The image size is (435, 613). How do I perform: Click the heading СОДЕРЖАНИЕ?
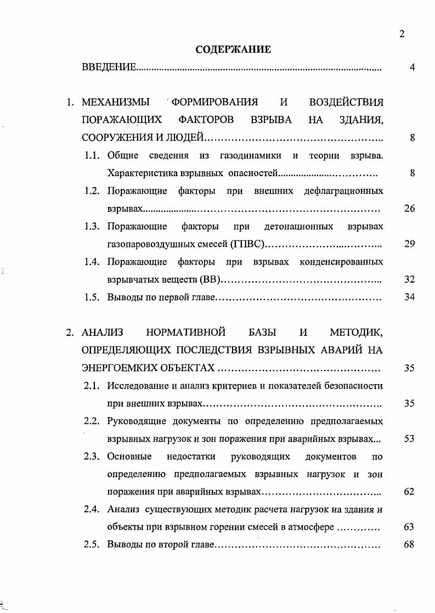pos(233,50)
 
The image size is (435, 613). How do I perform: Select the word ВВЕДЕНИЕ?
pos(108,68)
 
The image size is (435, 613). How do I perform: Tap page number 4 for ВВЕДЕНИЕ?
pos(411,68)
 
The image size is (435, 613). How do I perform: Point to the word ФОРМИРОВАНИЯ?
pos(215,102)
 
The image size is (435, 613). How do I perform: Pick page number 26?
pos(409,209)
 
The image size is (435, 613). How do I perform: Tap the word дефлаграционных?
pos(343,191)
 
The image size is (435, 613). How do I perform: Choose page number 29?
pos(409,244)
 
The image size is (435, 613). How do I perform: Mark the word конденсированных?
pos(341,262)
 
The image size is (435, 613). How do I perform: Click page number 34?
pos(409,297)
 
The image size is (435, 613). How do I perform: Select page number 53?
pos(409,438)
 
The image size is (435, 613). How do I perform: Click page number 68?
pos(409,545)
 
